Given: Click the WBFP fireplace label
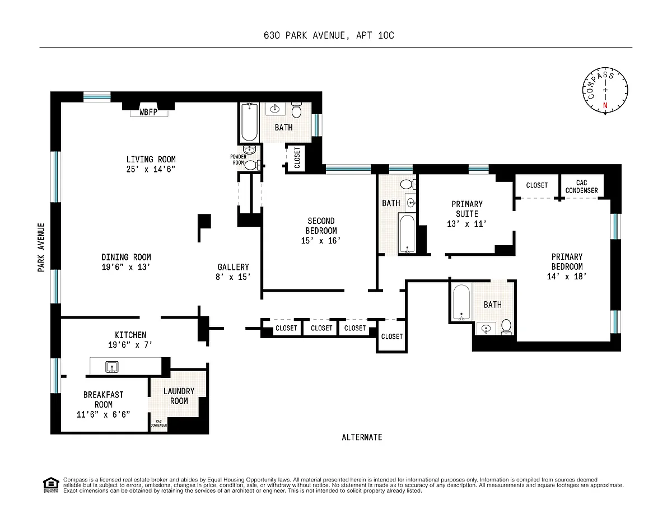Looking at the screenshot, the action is point(148,112).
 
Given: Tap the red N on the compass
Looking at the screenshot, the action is point(605,105).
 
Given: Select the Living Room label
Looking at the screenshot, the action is point(151,160).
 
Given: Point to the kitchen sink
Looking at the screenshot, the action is point(111,367).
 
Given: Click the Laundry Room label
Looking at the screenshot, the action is point(179,396).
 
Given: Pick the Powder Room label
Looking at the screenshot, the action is point(238,160).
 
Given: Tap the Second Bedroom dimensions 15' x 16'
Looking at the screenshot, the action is point(321,241).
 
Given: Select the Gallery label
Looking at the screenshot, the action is point(233,267).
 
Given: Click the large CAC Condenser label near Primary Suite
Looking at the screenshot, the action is point(581,186).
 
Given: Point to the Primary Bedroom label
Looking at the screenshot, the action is point(567,262).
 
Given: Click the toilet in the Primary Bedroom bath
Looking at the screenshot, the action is point(506,327).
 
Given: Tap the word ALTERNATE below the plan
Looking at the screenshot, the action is point(362,437).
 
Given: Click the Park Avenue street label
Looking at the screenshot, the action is point(41,247).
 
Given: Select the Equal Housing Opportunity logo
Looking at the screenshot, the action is point(51,485).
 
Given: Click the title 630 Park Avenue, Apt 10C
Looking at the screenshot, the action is point(329,35).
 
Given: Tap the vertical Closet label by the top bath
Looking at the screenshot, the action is point(297,158).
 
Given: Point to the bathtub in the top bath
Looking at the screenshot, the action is point(250,123).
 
